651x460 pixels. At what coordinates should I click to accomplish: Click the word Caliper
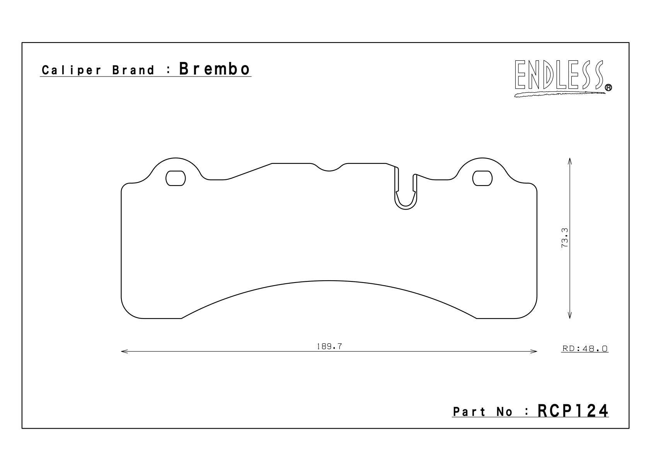tap(72, 70)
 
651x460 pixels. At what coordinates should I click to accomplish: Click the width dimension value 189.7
tap(329, 347)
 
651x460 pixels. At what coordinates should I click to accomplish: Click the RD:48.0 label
tap(585, 349)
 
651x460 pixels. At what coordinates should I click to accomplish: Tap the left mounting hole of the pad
tap(176, 178)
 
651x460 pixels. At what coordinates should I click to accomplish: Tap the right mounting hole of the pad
tap(483, 178)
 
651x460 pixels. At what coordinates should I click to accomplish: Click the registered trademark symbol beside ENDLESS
tap(608, 88)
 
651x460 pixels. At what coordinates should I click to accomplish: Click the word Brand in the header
tap(133, 70)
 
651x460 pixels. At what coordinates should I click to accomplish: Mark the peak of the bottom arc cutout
tap(329, 281)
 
